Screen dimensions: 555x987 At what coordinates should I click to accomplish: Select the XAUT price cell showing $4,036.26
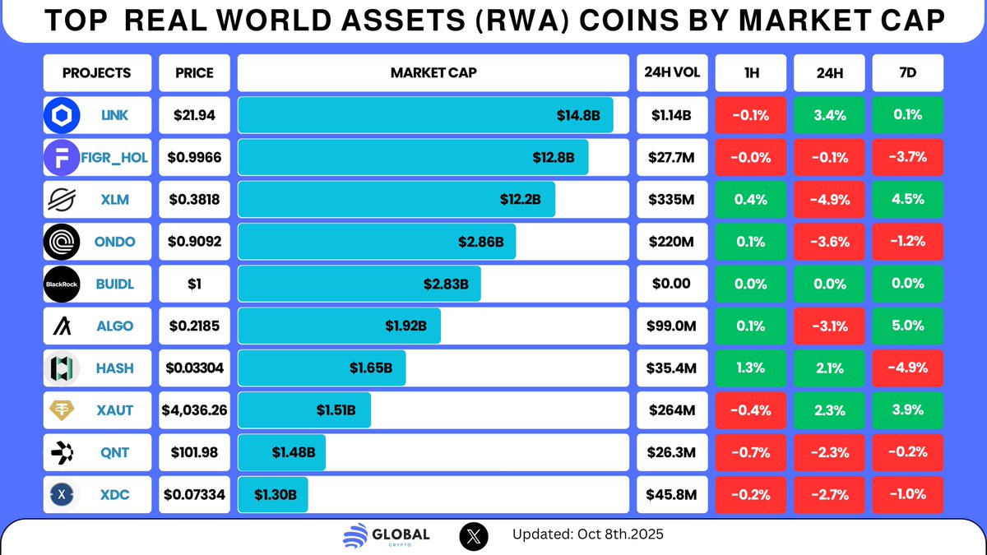[x=195, y=410]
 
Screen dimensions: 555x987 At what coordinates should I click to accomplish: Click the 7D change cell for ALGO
[x=907, y=326]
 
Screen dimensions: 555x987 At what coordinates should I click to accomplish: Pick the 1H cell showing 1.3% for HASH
[x=751, y=368]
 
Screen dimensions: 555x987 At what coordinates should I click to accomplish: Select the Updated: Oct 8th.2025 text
[x=587, y=534]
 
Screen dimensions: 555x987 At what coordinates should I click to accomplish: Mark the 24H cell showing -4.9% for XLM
[x=829, y=200]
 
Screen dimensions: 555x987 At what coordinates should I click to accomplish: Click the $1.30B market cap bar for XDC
[x=273, y=495]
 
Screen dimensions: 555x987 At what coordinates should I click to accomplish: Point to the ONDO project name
[x=114, y=243]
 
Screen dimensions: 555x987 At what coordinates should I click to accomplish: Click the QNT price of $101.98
[x=195, y=452]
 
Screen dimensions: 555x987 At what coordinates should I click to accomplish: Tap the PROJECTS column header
[x=97, y=72]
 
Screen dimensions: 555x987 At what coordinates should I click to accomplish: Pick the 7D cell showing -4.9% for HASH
[x=907, y=368]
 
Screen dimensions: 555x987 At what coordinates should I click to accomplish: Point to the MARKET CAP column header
[x=433, y=72]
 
